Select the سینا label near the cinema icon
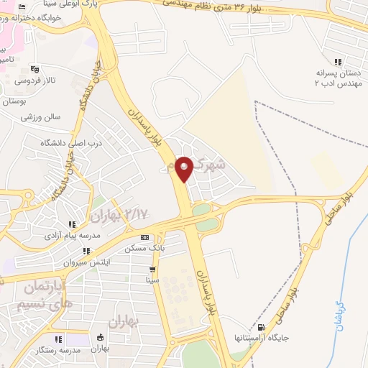[152, 279]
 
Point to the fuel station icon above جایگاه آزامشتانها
[270, 326]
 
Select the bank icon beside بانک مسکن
[145, 238]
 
